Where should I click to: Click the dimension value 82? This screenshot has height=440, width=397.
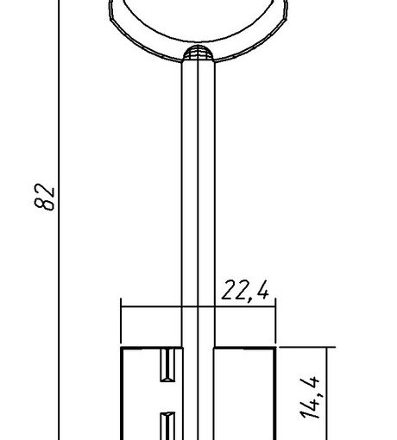pyautogui.click(x=44, y=197)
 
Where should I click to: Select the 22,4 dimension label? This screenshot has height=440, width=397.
pyautogui.click(x=245, y=291)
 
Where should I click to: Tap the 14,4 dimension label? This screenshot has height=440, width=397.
pyautogui.click(x=310, y=398)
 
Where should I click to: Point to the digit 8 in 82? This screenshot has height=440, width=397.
pyautogui.click(x=44, y=204)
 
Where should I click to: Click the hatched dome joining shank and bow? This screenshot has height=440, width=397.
pyautogui.click(x=198, y=53)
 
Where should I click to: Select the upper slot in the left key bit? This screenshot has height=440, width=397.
pyautogui.click(x=167, y=365)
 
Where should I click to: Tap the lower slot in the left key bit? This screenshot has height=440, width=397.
pyautogui.click(x=167, y=426)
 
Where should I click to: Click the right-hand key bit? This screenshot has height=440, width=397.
pyautogui.click(x=245, y=393)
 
